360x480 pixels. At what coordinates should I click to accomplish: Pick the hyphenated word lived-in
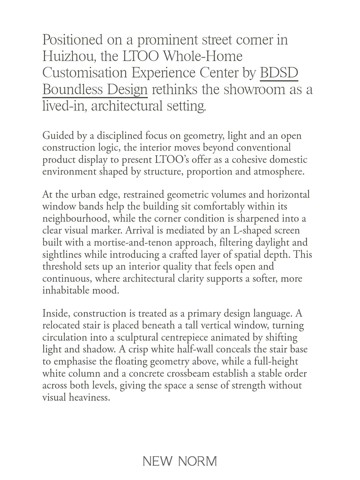[x=64, y=107]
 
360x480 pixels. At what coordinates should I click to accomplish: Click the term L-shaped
[x=249, y=231]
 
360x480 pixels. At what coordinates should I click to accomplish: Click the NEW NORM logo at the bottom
[x=180, y=461]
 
